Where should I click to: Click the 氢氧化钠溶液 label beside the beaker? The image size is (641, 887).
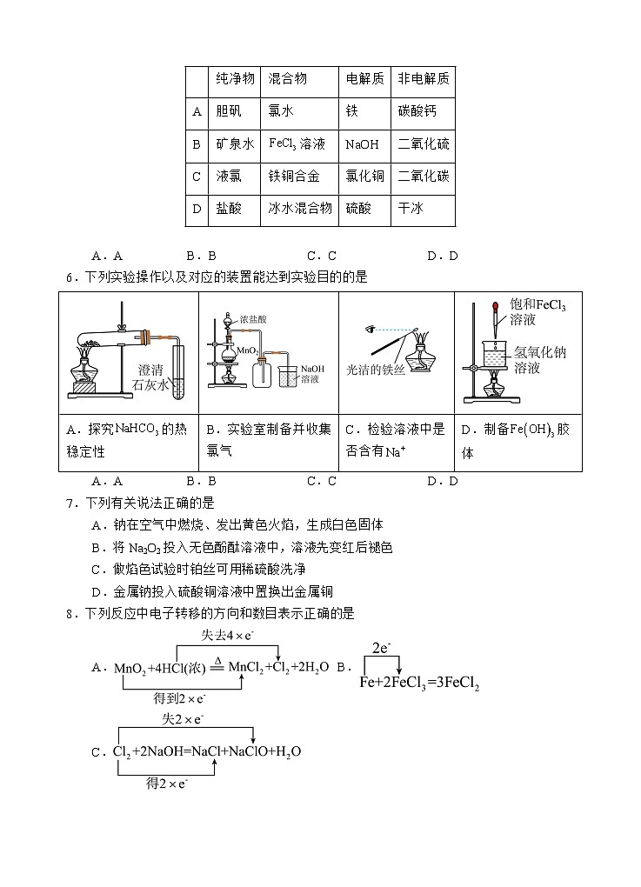click(539, 360)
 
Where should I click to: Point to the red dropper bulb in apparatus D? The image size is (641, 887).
click(494, 307)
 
